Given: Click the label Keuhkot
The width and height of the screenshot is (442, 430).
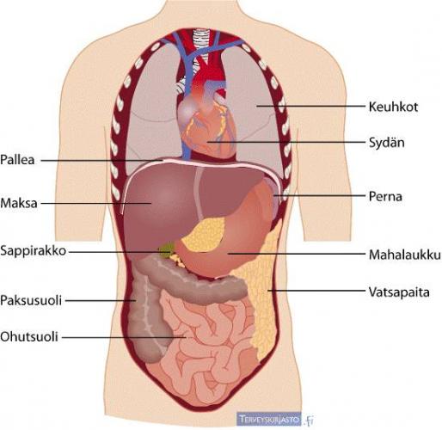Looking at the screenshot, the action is click(393, 107).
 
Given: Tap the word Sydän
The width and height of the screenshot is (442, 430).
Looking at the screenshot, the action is click(386, 142).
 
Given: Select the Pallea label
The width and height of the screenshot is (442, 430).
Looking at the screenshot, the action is click(17, 160).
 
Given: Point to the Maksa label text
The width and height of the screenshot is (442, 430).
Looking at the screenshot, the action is click(19, 203).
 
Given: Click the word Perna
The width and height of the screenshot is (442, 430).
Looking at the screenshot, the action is click(385, 196).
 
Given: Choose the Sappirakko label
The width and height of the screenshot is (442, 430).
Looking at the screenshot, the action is click(34, 251).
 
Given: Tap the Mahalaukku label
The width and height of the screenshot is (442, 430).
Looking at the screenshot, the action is click(404, 255).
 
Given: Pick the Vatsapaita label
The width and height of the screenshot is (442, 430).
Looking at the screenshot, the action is click(399, 292).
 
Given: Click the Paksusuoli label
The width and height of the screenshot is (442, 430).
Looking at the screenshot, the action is click(31, 300).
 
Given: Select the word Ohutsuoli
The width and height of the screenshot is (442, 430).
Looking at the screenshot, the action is click(29, 336).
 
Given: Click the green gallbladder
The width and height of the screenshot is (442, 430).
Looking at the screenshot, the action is click(167, 249).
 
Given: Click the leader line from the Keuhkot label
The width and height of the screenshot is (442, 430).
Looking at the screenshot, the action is click(311, 106).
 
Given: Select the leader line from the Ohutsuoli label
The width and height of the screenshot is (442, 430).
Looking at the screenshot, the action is click(124, 337).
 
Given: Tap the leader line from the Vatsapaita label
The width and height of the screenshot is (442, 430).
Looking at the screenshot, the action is click(317, 291).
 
